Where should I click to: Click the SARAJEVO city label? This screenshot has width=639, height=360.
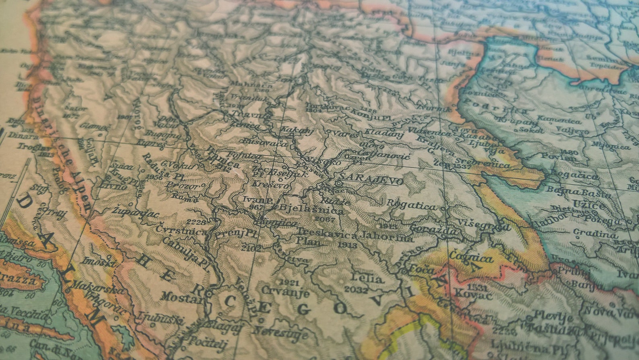371,181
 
